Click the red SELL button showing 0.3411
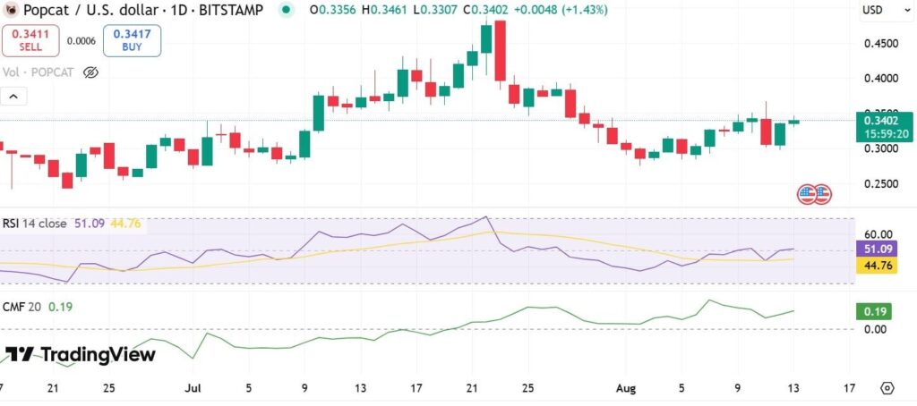pyautogui.click(x=30, y=41)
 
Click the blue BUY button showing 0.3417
pyautogui.click(x=132, y=41)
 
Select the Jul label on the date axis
pyautogui.click(x=193, y=389)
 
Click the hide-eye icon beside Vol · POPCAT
pyautogui.click(x=90, y=72)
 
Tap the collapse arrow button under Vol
pyautogui.click(x=14, y=97)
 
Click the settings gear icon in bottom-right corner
pyautogui.click(x=887, y=389)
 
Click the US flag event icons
pyautogui.click(x=815, y=193)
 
